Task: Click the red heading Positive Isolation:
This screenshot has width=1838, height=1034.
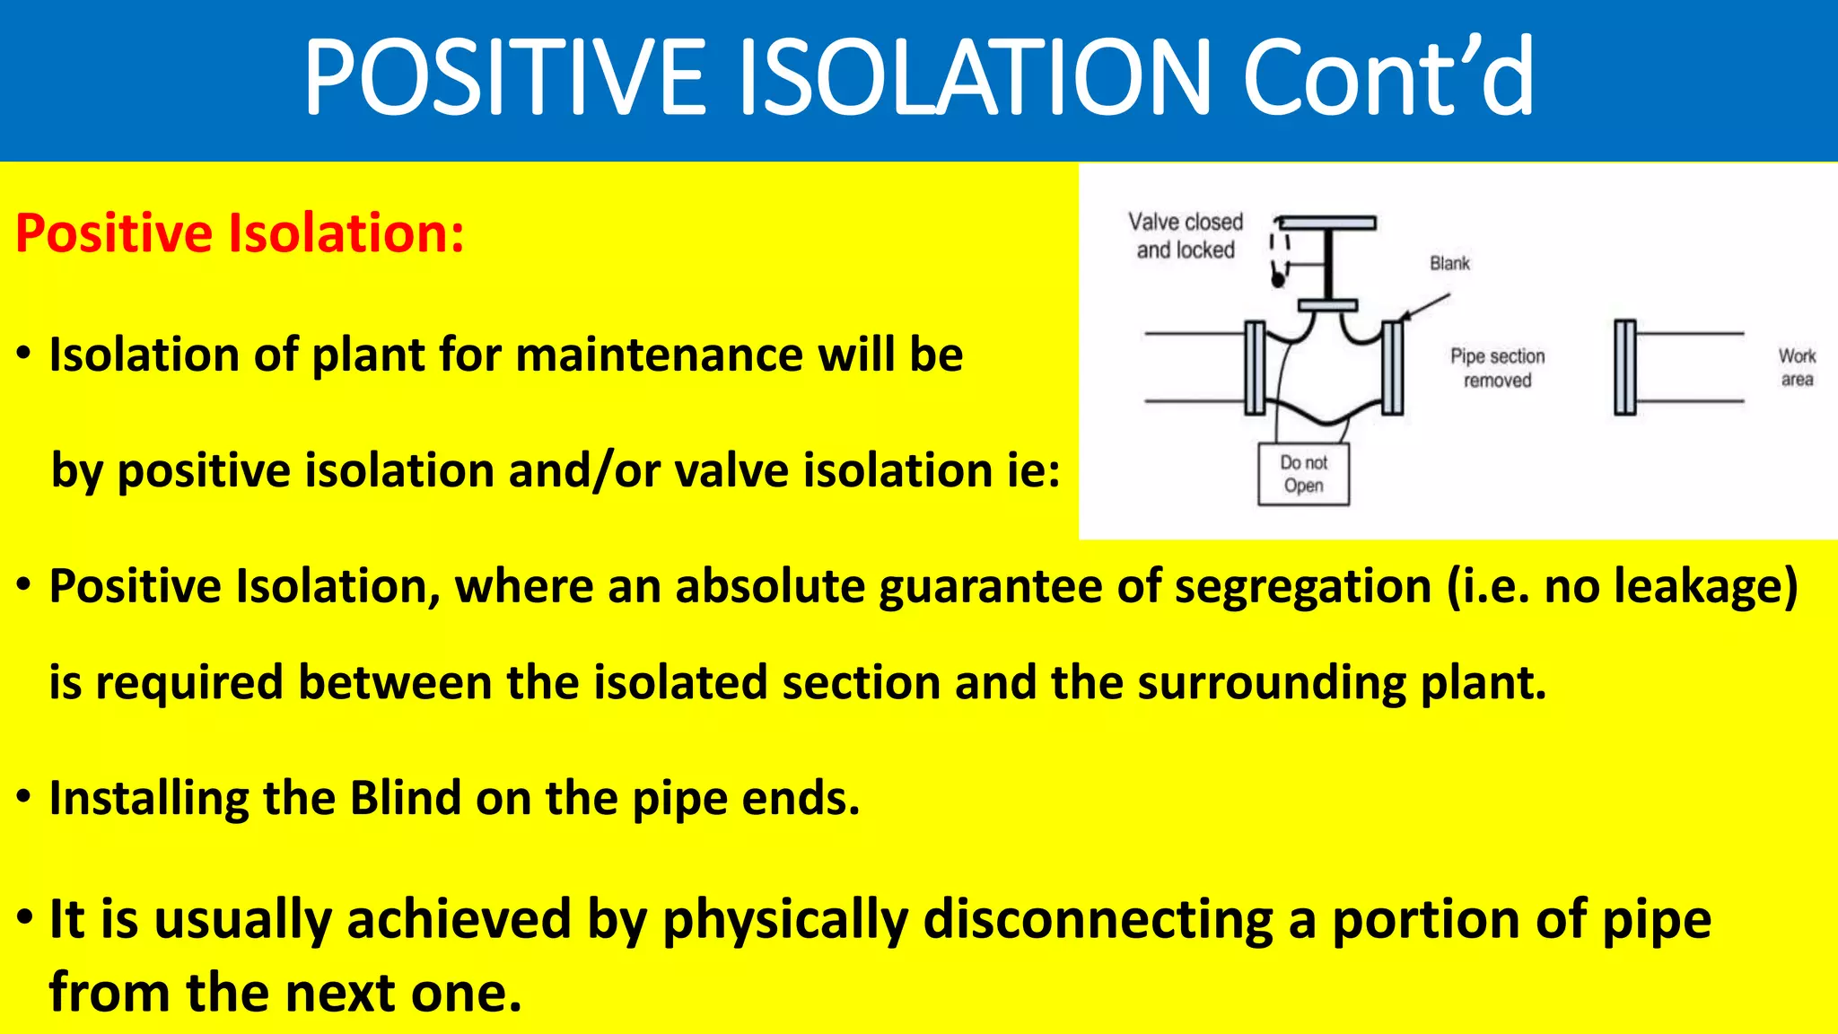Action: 240,233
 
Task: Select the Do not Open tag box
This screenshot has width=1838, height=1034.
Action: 1303,474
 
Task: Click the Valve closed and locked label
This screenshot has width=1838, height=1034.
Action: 1186,235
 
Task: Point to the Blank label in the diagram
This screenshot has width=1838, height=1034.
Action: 1449,263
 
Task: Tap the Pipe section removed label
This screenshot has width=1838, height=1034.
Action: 1497,368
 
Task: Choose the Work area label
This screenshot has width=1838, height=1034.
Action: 1797,367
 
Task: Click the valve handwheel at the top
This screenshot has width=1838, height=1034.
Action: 1326,223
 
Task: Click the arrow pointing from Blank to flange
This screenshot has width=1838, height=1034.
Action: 1424,306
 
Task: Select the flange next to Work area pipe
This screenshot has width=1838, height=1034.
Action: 1624,367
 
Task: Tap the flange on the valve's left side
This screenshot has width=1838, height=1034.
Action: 1255,367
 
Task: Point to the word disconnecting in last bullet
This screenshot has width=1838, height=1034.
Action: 1098,920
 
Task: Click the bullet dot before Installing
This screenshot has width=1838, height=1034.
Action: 24,797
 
